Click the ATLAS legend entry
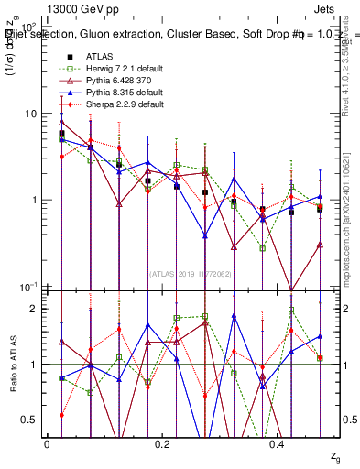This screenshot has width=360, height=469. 102,56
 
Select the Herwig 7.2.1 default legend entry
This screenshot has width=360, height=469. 124,69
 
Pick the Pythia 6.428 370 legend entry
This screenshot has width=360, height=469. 120,81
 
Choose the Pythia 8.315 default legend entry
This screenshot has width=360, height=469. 124,93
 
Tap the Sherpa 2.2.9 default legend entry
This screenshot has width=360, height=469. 124,104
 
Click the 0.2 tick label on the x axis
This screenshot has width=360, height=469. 162,444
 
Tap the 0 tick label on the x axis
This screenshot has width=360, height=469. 47,444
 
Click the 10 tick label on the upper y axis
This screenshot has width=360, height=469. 29,114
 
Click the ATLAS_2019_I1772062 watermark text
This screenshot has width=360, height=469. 189,273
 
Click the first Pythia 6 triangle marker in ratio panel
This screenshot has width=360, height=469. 61,342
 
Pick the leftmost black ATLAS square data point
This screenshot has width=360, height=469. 61,133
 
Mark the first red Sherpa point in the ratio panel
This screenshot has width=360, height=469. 61,415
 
